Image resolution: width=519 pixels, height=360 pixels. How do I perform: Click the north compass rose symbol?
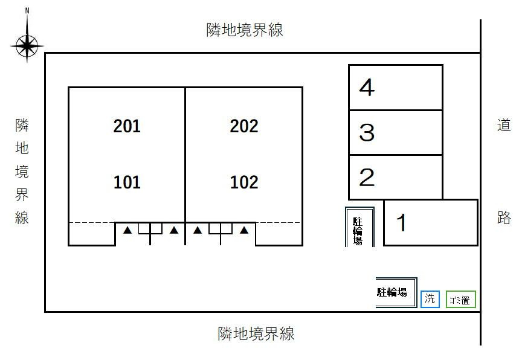pos(27,46)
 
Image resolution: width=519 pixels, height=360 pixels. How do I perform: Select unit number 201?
pos(127,126)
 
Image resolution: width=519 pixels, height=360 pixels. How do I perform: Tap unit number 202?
pos(244,126)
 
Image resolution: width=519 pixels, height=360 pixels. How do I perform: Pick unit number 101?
pos(127,182)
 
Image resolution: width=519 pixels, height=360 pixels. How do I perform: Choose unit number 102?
pos(244,182)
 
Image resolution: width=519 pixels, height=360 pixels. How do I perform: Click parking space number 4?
pos(367,88)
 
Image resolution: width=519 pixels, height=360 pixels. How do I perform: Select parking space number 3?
pos(367,132)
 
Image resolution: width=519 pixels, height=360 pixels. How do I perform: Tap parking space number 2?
pos(367,178)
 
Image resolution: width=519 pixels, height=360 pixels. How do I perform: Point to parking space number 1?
pos(401,222)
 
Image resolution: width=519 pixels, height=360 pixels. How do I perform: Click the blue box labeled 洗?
pos(430,299)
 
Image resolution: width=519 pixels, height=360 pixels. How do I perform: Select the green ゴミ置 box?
pos(461,299)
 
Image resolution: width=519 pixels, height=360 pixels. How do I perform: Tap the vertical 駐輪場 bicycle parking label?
pos(358,231)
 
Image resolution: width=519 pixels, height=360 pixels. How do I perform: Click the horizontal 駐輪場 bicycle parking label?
pos(392,292)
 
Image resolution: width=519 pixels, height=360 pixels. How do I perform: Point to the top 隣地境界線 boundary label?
pos(245,30)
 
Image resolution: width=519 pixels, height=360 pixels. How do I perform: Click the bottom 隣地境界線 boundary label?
pos(256,333)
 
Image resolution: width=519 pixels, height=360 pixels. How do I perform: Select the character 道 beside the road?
pos(504,126)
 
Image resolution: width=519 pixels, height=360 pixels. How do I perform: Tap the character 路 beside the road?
pos(504,217)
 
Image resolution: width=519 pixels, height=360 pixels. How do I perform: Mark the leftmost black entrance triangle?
pos(127,230)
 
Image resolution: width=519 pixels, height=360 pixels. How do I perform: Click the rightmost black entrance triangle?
pos(244,230)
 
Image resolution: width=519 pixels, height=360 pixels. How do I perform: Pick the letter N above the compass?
pos(27,11)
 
